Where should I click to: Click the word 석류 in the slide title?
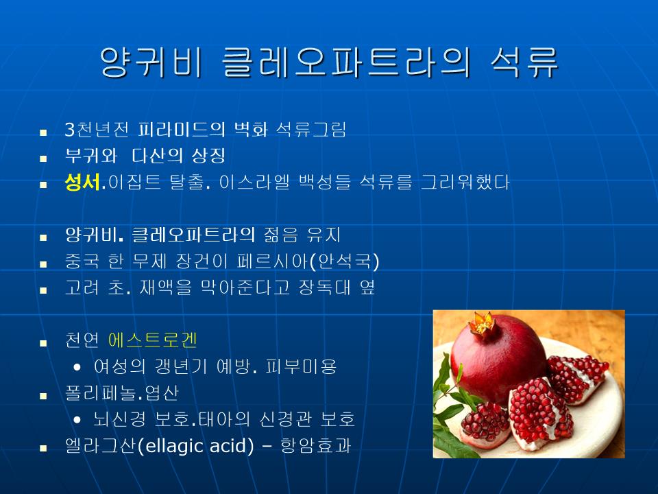524,62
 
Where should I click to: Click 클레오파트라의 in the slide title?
345,62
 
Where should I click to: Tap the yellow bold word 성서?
82,182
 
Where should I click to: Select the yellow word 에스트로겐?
153,340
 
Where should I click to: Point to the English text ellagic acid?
196,446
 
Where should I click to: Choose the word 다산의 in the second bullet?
158,156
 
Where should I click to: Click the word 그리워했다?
465,182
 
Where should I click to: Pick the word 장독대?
324,287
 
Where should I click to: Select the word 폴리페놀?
100,392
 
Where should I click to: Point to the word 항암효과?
315,446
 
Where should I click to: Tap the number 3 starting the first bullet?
70,130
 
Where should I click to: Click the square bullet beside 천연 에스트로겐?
43,343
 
